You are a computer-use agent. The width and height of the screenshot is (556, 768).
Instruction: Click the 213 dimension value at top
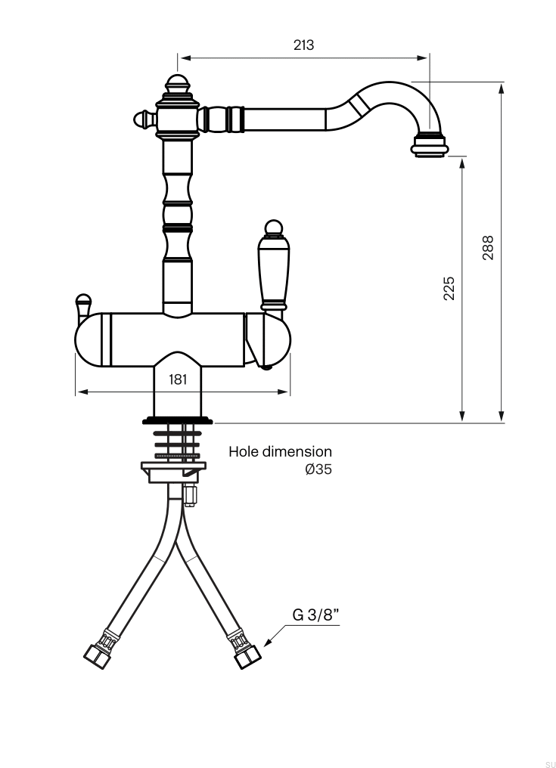[303, 45]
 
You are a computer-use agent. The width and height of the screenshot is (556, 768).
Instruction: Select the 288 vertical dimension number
[488, 248]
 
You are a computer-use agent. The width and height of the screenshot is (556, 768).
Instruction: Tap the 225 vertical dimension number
[449, 288]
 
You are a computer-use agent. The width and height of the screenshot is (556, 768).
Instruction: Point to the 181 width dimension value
[178, 379]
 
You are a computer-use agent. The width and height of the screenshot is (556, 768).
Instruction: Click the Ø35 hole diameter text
[318, 469]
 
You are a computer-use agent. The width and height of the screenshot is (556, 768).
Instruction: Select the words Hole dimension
[280, 452]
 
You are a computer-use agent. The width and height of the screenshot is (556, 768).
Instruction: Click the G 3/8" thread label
[316, 614]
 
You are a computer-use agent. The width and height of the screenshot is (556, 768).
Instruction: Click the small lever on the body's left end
[83, 304]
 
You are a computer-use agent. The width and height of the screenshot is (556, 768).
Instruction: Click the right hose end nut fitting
[245, 654]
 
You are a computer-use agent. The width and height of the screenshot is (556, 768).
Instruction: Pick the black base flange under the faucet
[178, 420]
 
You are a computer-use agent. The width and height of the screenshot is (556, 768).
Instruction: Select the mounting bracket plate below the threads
[173, 471]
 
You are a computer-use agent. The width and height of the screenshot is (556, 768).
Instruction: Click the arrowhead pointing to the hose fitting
[269, 642]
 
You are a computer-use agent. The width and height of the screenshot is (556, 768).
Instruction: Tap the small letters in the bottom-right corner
[549, 764]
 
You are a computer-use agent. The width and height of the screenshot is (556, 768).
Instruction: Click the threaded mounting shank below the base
[178, 442]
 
